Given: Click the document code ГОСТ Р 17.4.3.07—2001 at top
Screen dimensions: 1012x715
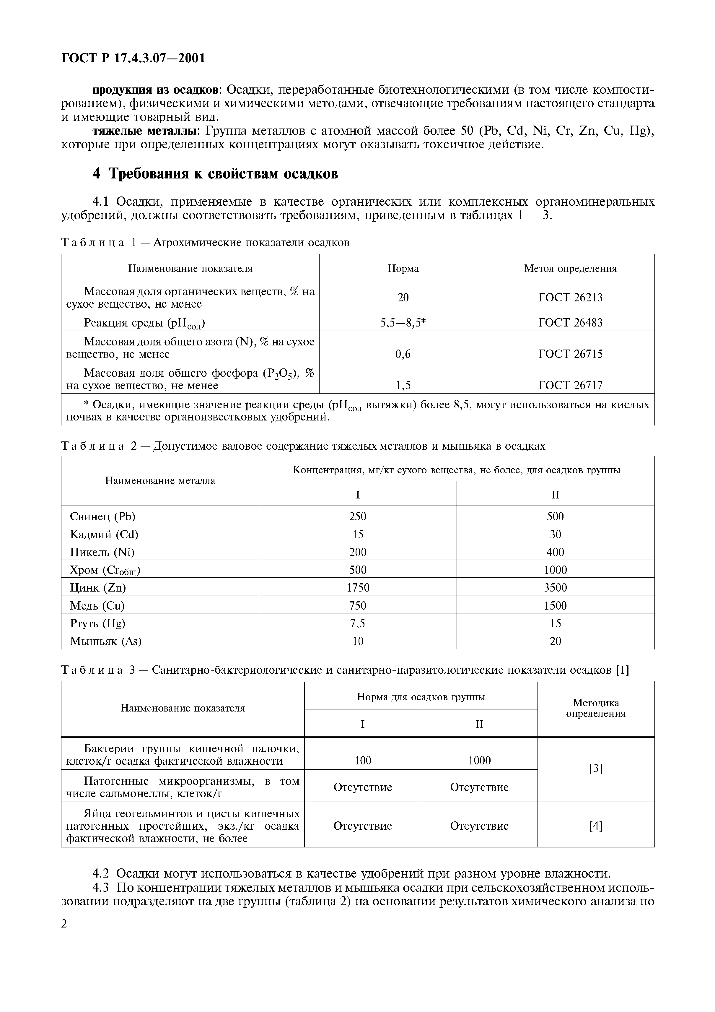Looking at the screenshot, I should pos(133,58).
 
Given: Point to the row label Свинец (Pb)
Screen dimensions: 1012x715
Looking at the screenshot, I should pos(103,516).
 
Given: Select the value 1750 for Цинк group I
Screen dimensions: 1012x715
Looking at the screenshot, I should pos(358,587).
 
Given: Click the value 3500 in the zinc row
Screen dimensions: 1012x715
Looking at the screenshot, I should pos(555,587).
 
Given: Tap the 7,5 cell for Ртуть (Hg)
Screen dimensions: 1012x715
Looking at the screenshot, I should pos(358,623).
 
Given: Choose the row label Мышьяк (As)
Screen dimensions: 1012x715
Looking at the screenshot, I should pos(106,641).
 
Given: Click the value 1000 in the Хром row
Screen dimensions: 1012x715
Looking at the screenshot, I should pos(555,570).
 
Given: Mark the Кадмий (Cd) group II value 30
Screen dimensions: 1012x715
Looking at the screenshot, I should pos(555,535).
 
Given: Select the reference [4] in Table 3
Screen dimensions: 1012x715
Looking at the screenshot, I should pos(596,826).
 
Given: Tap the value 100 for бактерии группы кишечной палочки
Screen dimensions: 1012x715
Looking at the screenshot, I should pos(363,760).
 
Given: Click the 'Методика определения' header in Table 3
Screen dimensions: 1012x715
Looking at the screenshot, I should pos(596,708).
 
